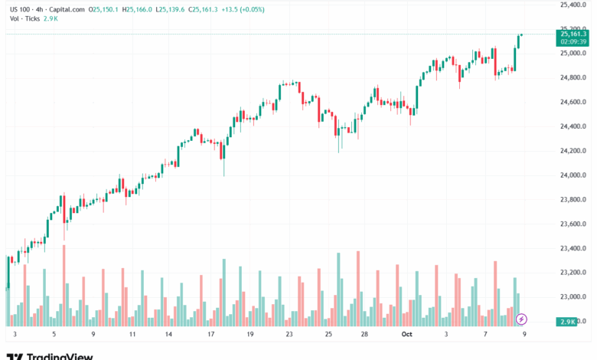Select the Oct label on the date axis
(406, 335)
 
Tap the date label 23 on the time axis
(289, 335)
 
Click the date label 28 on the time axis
(365, 335)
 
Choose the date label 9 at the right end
(524, 335)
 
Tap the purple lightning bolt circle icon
(522, 318)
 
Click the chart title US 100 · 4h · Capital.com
(47, 9)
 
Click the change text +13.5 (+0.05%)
(243, 9)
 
